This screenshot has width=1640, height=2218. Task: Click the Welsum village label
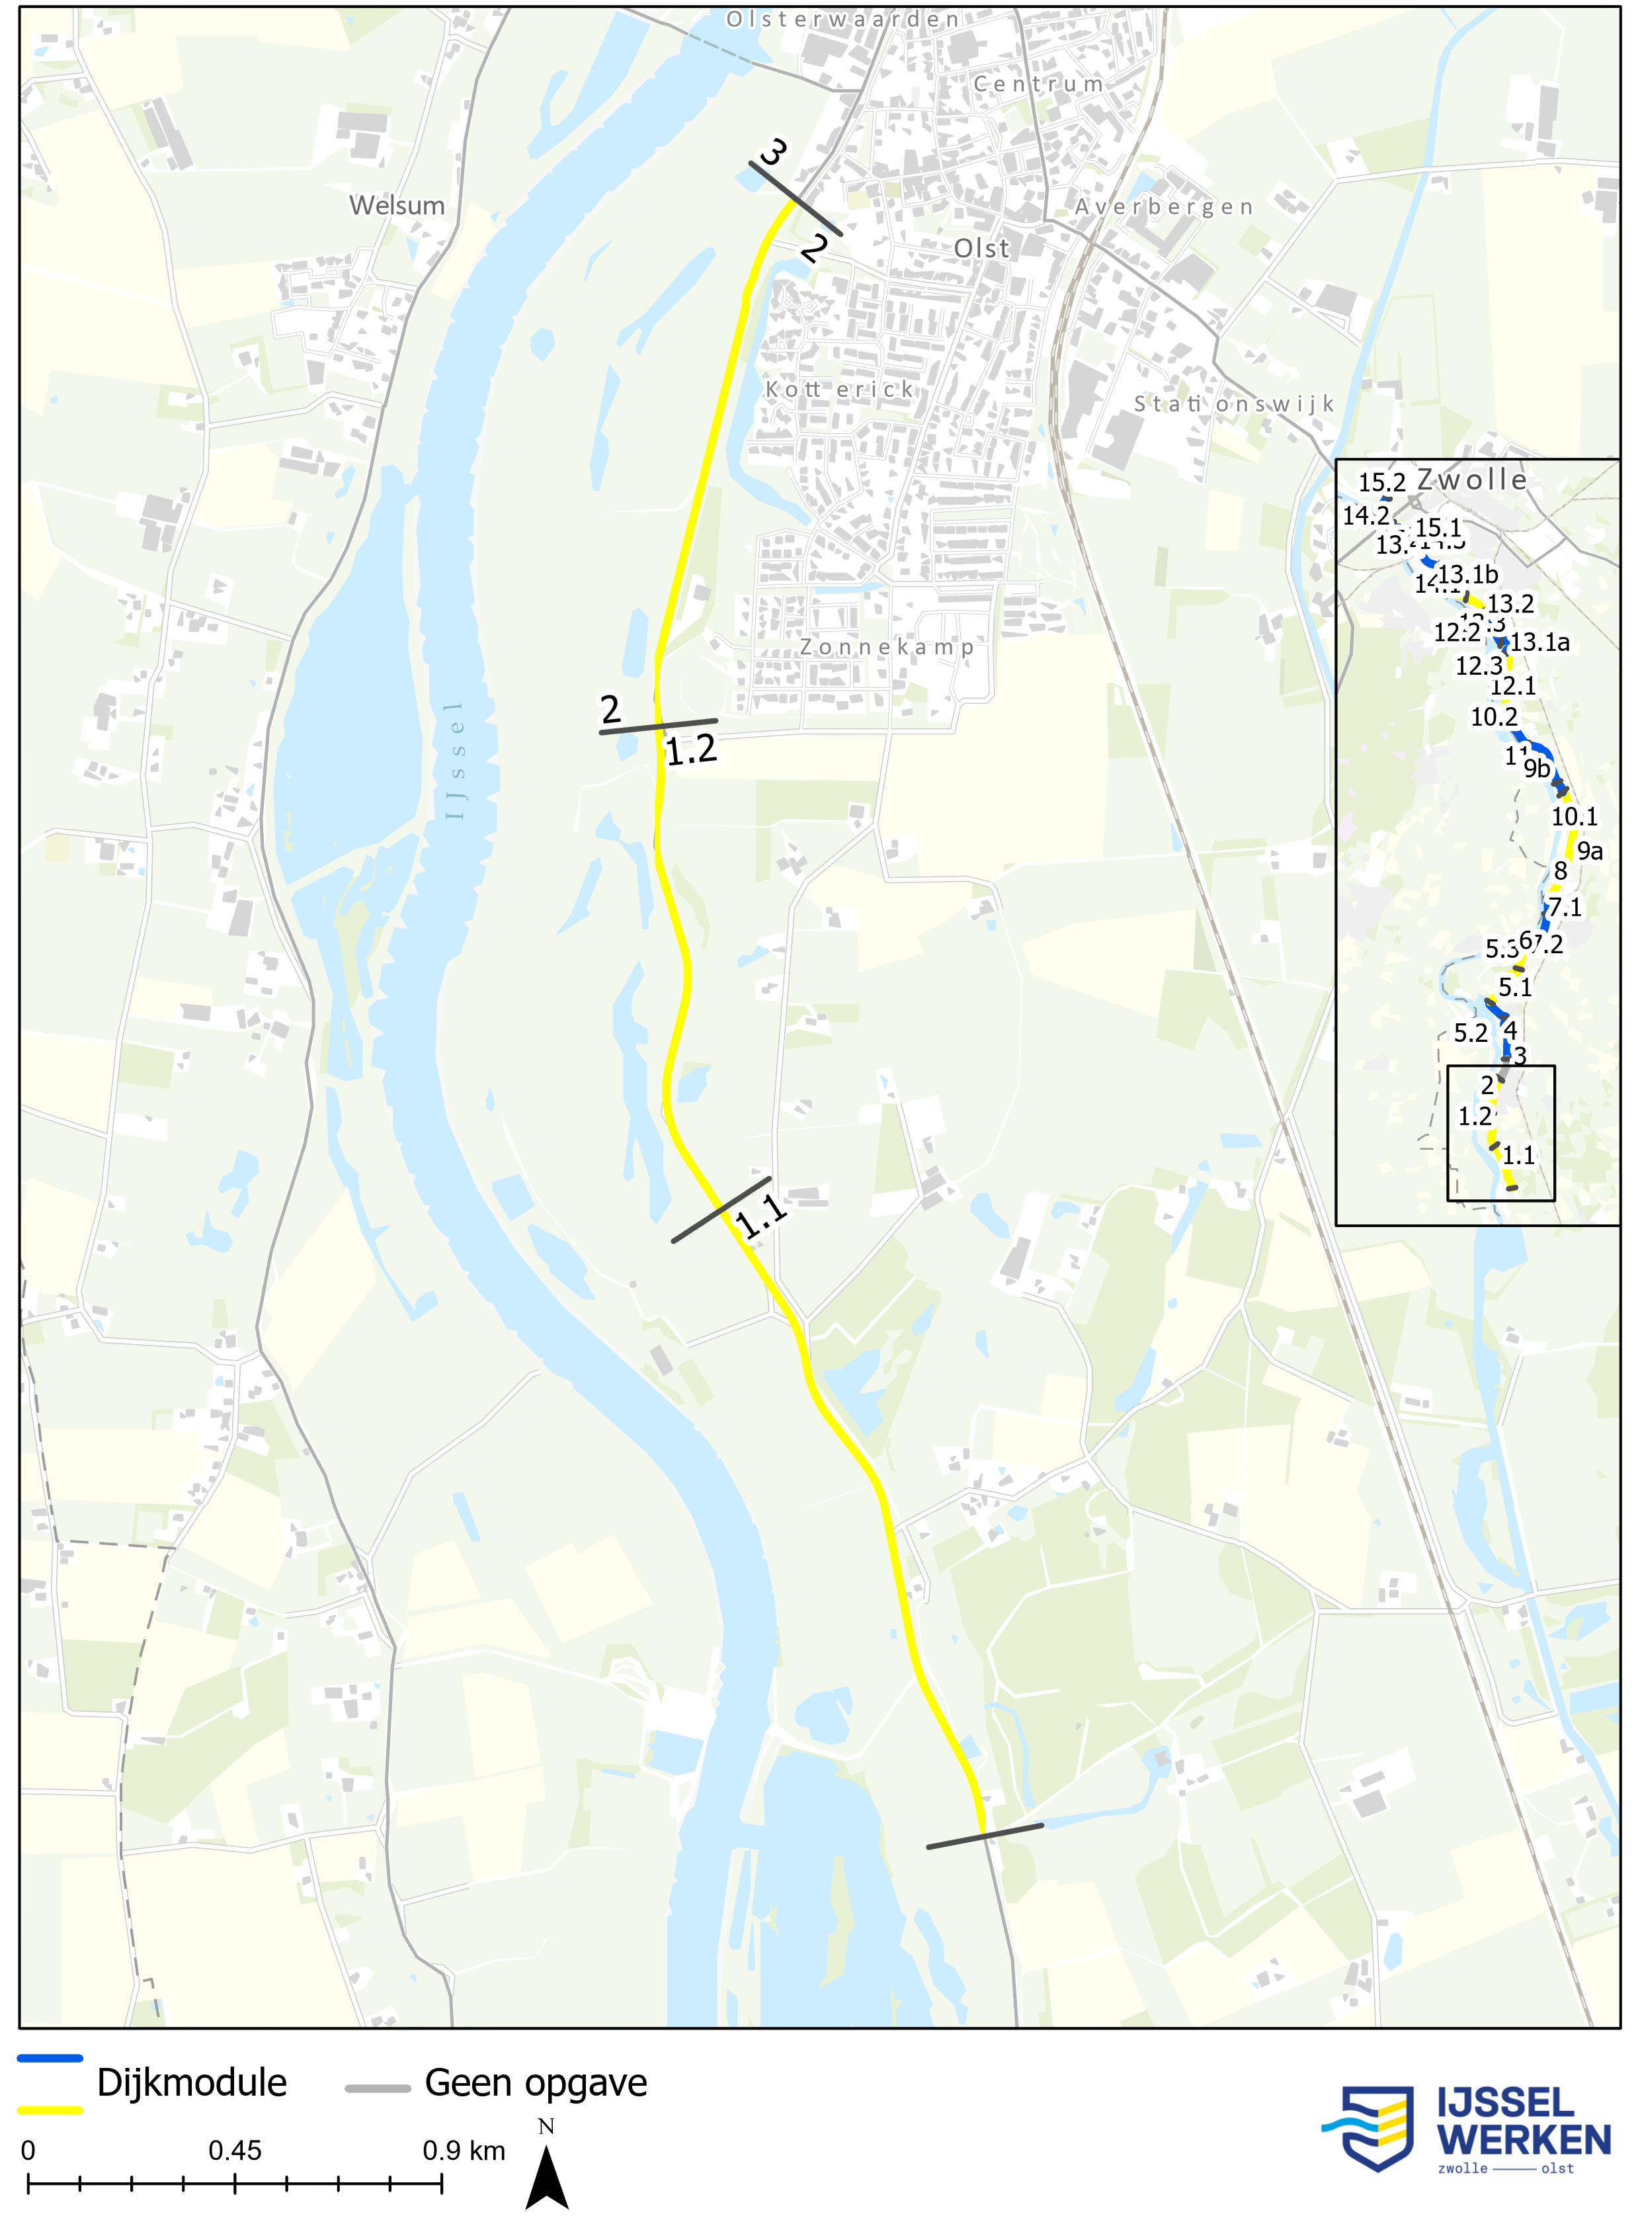pos(396,206)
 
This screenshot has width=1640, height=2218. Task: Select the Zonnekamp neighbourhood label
pos(887,648)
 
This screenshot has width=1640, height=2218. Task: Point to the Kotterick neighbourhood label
pos(839,389)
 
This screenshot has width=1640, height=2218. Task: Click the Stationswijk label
pos(1234,404)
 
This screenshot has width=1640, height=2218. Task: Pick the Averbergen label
pos(1163,206)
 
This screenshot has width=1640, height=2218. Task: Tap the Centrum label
pos(1038,85)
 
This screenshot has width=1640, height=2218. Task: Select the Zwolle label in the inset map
pos(1471,480)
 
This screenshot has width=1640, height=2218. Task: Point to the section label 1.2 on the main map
pos(691,751)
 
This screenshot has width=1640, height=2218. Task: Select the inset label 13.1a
pos(1539,642)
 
